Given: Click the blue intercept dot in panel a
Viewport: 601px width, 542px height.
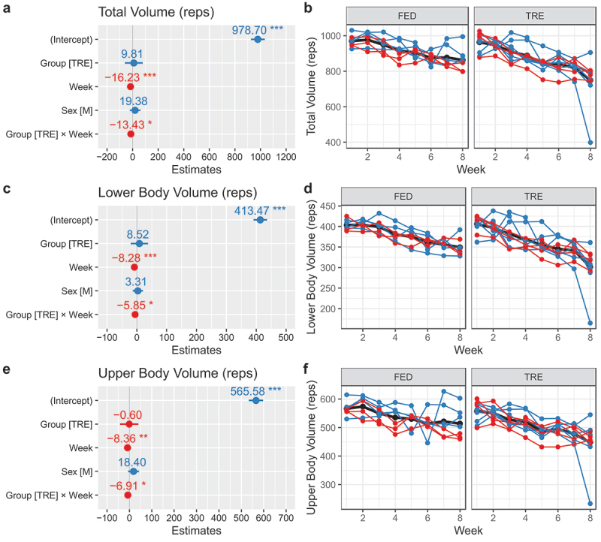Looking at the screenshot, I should (258, 39).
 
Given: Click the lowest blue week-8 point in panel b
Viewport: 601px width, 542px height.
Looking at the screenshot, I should (590, 142).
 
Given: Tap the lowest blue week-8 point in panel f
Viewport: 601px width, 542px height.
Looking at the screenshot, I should (590, 504).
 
